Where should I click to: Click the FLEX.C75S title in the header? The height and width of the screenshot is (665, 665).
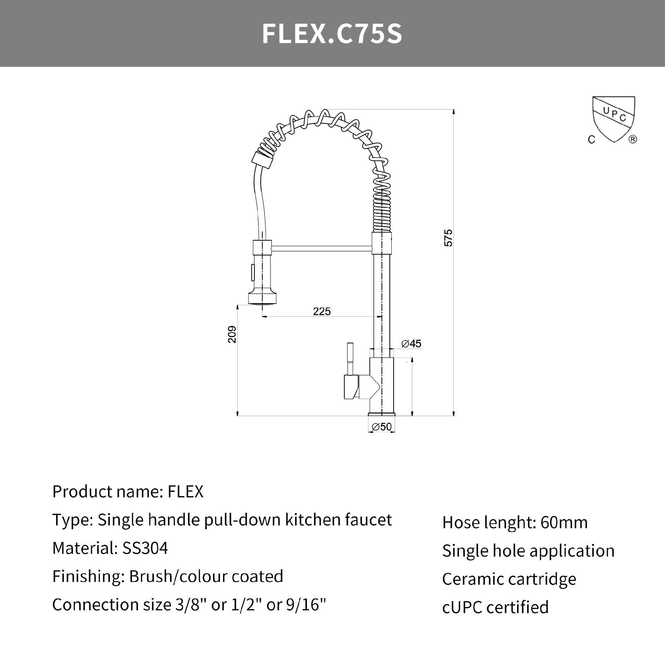(x=332, y=34)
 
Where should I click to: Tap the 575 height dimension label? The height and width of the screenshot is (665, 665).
(x=448, y=238)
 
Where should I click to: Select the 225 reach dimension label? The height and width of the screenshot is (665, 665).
(x=322, y=311)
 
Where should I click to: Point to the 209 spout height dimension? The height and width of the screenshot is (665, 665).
(x=232, y=334)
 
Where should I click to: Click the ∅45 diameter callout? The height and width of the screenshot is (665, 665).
(x=411, y=344)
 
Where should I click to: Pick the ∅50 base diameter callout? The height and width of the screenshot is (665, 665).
(x=381, y=427)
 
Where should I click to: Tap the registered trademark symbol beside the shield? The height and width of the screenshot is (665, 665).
(x=632, y=139)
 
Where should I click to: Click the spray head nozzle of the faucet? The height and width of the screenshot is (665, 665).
(x=262, y=298)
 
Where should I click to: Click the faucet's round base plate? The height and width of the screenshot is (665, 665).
(x=381, y=414)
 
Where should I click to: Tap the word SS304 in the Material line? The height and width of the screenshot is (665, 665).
(x=145, y=548)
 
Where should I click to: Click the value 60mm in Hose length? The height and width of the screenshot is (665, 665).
(x=564, y=523)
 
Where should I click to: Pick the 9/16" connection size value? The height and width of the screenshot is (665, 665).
(x=306, y=604)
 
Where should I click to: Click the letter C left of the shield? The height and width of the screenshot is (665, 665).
(x=592, y=139)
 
